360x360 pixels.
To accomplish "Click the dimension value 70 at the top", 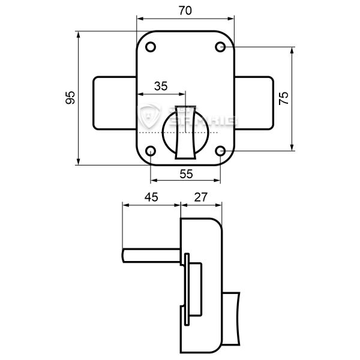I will [185, 10].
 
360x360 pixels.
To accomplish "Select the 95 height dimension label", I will [70, 98].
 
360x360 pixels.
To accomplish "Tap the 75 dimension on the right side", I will [284, 98].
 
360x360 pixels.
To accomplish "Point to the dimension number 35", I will [160, 86].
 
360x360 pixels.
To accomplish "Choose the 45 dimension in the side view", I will [151, 196].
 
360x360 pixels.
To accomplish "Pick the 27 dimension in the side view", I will [201, 196].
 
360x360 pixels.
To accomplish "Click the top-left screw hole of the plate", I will [151, 47].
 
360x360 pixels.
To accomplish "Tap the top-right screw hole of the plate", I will [221, 47].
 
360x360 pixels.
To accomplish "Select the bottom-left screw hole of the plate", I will [151, 151].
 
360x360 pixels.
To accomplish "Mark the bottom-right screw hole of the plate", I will [221, 151].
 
